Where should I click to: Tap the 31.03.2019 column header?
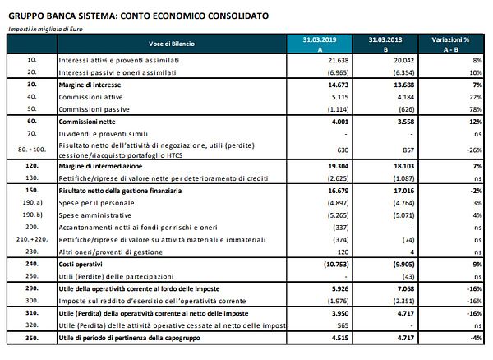point(315,42)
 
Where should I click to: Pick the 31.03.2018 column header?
point(384,42)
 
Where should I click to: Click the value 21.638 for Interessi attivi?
point(337,61)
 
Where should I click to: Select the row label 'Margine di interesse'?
point(95,85)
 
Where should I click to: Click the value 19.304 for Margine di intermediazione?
point(335,165)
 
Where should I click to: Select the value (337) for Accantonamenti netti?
point(338,225)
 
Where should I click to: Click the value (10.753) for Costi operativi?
point(334,265)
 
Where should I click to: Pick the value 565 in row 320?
point(341,325)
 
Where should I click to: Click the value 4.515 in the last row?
point(337,338)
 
